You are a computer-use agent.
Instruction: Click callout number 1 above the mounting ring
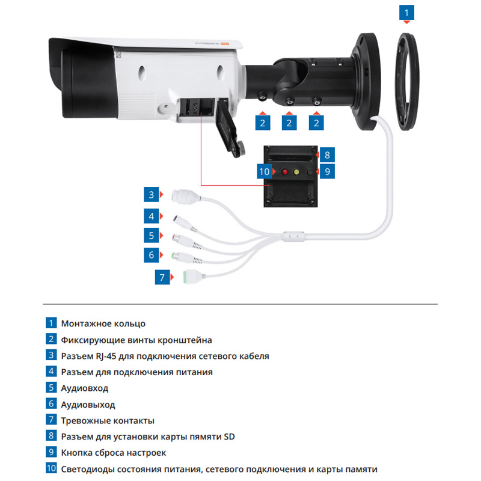[408, 11]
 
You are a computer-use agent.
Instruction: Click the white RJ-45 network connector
[182, 196]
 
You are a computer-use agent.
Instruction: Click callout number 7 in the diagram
[162, 277]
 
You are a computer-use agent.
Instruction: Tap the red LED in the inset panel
[284, 172]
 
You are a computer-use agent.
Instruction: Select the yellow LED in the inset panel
[296, 172]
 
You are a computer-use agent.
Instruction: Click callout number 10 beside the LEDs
[265, 171]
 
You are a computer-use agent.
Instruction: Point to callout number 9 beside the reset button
[326, 171]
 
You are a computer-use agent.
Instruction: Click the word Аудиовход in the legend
[85, 388]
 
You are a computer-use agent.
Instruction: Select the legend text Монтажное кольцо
[103, 323]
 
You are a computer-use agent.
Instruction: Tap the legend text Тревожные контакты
[108, 420]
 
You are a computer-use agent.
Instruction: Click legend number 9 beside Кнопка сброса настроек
[52, 453]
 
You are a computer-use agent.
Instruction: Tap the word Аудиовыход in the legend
[88, 405]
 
